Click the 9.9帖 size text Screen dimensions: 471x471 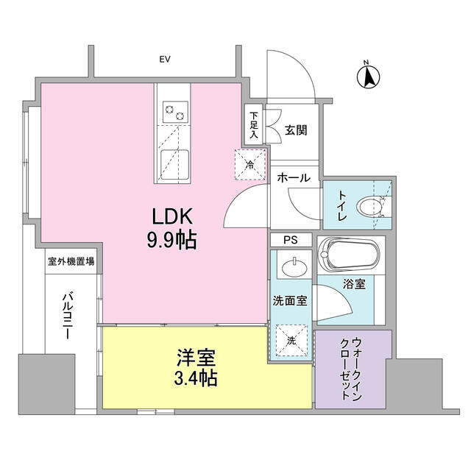172,240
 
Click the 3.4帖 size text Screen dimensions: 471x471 195,380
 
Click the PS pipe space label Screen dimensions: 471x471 291,240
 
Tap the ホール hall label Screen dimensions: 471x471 294,178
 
